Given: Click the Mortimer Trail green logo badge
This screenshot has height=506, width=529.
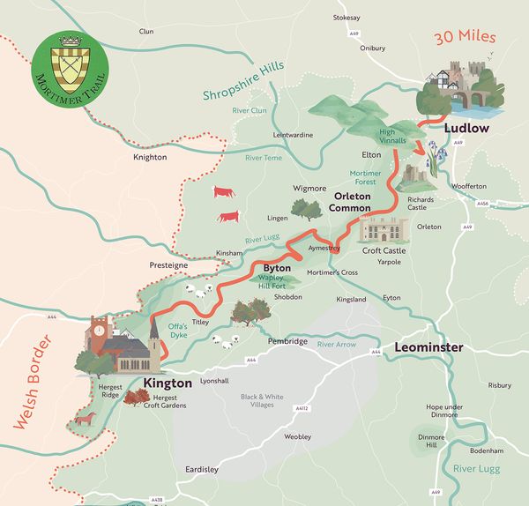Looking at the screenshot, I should tap(67, 65).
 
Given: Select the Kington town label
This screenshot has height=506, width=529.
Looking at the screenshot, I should tap(167, 383).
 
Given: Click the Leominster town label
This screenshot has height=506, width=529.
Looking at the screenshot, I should tap(428, 348).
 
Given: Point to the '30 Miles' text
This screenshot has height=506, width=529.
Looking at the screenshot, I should tap(465, 38).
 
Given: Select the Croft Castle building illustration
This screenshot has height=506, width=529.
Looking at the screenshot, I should tap(384, 231).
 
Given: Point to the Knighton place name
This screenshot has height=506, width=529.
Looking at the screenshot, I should tap(149, 157).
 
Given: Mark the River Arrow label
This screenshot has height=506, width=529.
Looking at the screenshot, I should tap(336, 344).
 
